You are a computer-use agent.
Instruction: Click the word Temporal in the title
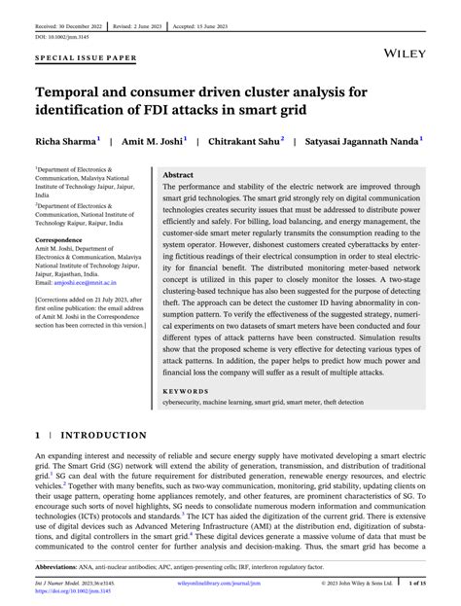click(77, 90)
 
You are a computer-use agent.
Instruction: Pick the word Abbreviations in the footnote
click(61, 566)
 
